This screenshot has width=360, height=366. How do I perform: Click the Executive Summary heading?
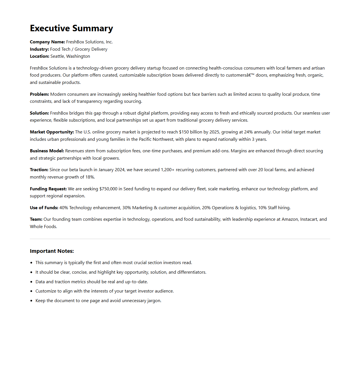(x=71, y=28)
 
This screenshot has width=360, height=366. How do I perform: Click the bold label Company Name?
(x=47, y=42)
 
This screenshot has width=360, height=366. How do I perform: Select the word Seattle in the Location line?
(x=57, y=56)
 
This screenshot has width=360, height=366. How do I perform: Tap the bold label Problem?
(x=39, y=94)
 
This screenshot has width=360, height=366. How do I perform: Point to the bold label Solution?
(x=39, y=113)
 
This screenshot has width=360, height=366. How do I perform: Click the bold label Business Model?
(x=47, y=151)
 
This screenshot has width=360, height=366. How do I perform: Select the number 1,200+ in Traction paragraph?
(x=167, y=170)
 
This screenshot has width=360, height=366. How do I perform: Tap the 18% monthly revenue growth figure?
(x=90, y=177)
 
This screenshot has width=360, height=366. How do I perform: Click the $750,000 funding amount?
(x=108, y=189)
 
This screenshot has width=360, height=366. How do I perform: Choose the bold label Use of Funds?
(x=44, y=208)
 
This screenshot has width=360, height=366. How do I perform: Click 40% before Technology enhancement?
(x=64, y=208)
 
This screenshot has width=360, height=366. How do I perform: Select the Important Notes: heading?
(x=52, y=251)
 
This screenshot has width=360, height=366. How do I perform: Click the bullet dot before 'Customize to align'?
(x=31, y=291)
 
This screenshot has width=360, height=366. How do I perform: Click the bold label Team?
(x=36, y=219)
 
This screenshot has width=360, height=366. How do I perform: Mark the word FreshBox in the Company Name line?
(x=75, y=42)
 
